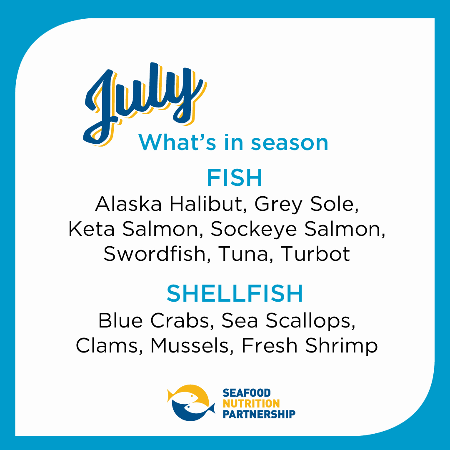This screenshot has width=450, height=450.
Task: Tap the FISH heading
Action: (x=235, y=177)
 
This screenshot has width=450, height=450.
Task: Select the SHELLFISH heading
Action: (x=235, y=293)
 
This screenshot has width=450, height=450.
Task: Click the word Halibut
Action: (x=208, y=204)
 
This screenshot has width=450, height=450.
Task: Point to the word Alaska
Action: (x=128, y=204)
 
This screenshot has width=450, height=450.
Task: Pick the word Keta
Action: (x=91, y=229)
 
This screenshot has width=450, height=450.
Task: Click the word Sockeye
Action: (x=254, y=230)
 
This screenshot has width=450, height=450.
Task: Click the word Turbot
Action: (x=315, y=254)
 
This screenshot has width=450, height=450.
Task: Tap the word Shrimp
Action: (x=341, y=346)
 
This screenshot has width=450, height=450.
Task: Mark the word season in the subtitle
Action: (x=290, y=142)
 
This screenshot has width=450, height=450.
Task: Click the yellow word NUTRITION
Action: (x=251, y=403)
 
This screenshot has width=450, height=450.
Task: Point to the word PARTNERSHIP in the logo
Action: (x=259, y=414)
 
